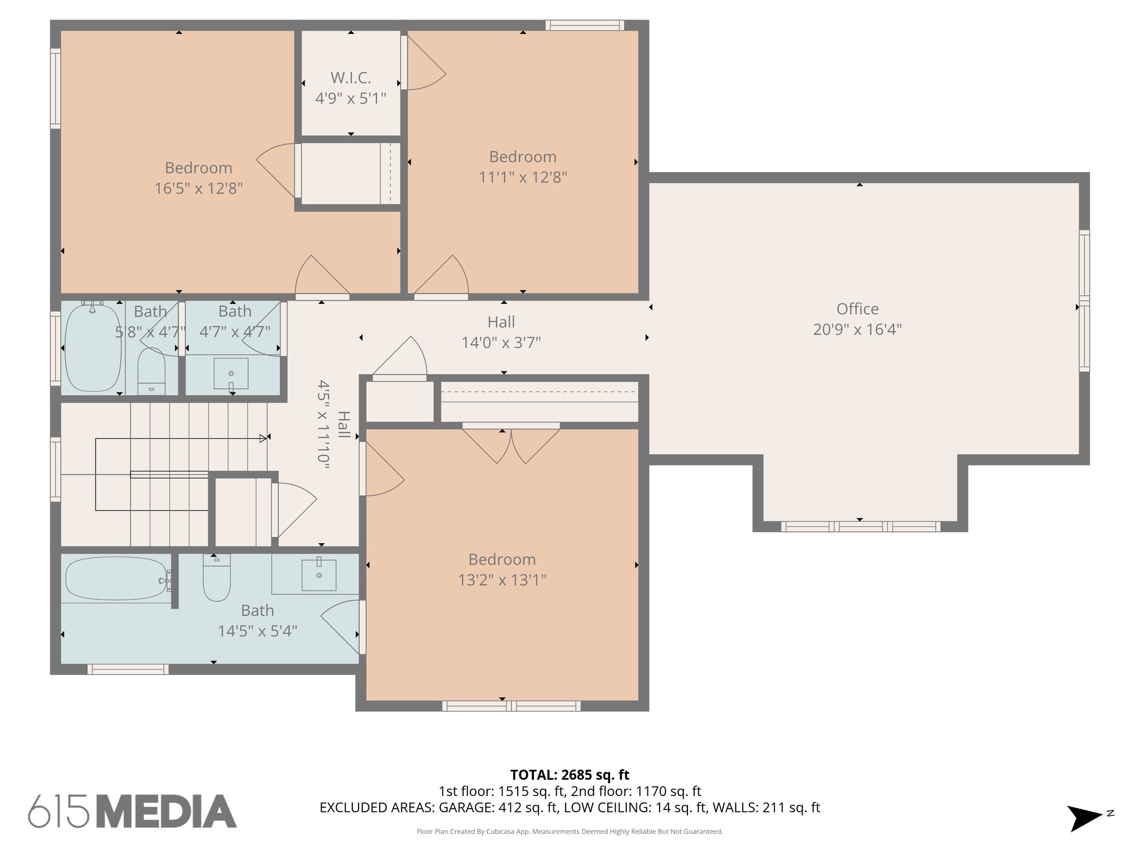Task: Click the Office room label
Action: coord(857,309)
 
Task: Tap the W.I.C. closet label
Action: coord(351,78)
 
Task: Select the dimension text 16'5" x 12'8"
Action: coord(198,189)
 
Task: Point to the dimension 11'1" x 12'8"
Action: coord(523,178)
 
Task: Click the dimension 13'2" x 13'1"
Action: coord(502,580)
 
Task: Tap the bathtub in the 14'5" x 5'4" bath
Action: coord(116,579)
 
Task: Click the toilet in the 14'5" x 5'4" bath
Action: coord(217,579)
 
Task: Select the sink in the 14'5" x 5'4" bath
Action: coord(318,575)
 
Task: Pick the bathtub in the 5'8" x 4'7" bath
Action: coord(92,348)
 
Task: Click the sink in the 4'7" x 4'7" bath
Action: coord(231,374)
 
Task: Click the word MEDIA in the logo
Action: coord(167,811)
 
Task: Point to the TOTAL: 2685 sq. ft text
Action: coord(569,775)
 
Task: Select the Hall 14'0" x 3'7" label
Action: coord(501,332)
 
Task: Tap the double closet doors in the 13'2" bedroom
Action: coord(511,444)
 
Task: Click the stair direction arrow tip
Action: coord(264,439)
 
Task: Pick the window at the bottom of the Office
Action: coord(860,527)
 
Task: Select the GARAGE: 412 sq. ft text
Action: coord(498,808)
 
